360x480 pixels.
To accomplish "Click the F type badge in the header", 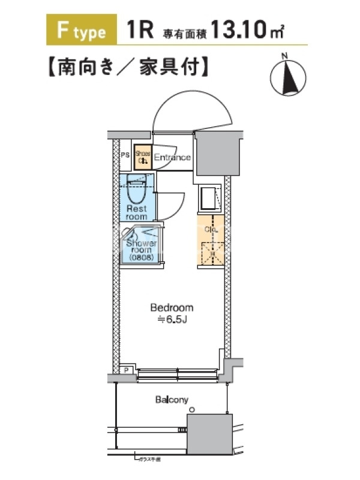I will click(80, 31).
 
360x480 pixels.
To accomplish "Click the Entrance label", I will click(173, 158).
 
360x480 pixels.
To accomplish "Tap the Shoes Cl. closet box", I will click(143, 158).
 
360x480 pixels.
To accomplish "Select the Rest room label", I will click(136, 212).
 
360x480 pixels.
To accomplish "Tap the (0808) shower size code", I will click(142, 257).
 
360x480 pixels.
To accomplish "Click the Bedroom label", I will click(172, 308).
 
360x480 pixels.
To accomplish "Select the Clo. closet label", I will click(211, 229).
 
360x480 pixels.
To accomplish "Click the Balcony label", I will click(172, 400).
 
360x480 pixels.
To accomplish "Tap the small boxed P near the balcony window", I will click(126, 370).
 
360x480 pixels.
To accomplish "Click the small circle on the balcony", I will click(191, 410).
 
